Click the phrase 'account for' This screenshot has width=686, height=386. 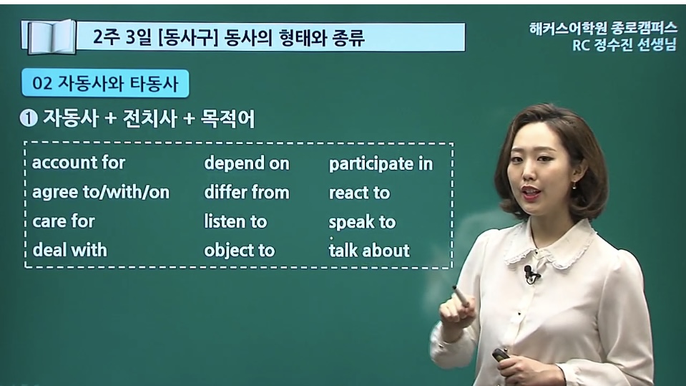point(79,163)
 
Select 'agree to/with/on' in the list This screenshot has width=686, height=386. point(101,193)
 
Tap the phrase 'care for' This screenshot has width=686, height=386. point(64,221)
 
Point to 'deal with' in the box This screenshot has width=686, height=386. point(70,250)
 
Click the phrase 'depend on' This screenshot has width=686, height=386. point(247,163)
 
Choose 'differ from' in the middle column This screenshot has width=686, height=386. point(247,193)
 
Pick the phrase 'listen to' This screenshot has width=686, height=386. point(235,221)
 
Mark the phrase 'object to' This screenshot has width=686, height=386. point(240,251)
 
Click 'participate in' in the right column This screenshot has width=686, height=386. point(381,164)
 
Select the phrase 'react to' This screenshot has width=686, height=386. point(359,193)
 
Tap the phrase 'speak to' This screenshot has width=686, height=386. point(362,222)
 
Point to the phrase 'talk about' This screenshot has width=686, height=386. point(369,251)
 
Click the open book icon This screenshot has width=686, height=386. point(49,37)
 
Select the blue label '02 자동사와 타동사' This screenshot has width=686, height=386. point(105,83)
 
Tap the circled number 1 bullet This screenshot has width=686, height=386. point(29,119)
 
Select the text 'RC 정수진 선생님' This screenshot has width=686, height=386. point(624,44)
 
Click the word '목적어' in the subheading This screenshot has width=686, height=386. point(227,119)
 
